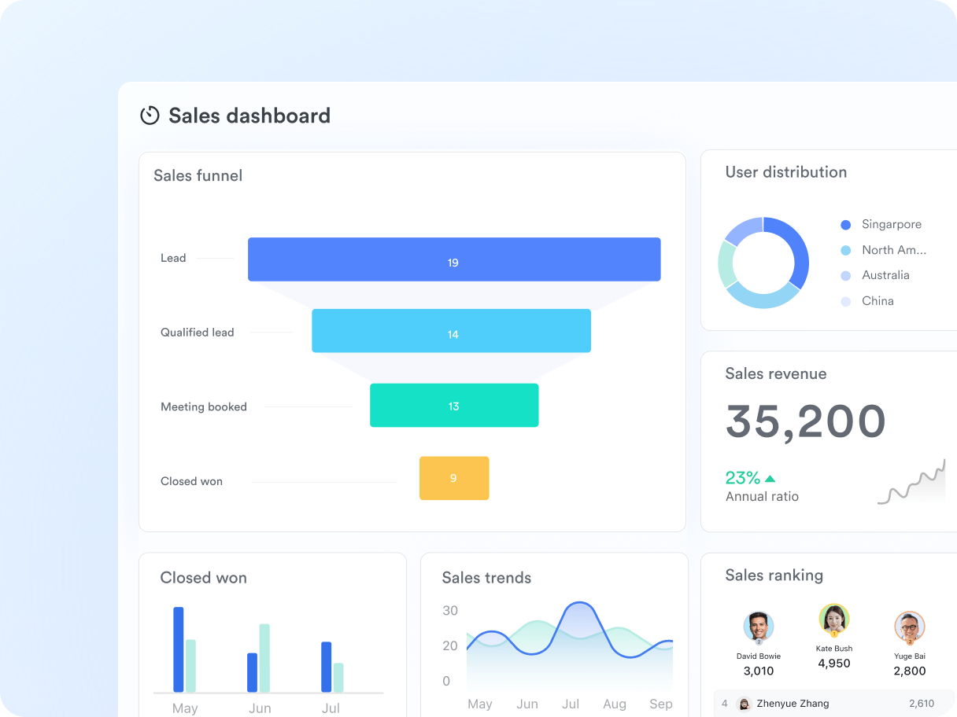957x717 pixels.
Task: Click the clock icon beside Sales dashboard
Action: [x=150, y=116]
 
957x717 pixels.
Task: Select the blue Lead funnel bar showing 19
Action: [x=454, y=259]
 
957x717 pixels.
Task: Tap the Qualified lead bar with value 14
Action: [x=451, y=331]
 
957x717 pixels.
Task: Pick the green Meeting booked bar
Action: [x=454, y=406]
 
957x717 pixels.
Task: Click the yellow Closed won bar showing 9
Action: [x=454, y=478]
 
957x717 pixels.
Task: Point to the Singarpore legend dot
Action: [x=846, y=225]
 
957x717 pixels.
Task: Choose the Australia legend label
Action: [x=885, y=275]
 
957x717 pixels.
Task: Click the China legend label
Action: [x=878, y=301]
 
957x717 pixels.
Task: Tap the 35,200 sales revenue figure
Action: [x=806, y=422]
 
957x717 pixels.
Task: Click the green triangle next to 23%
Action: [x=770, y=478]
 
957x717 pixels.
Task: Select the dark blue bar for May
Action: [x=179, y=649]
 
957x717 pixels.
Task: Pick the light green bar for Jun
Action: [x=264, y=658]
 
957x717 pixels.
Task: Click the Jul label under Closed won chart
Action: [x=331, y=708]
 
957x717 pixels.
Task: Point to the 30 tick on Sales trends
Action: [x=450, y=611]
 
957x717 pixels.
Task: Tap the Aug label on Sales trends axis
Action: [x=615, y=704]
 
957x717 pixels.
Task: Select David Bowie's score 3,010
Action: [x=759, y=671]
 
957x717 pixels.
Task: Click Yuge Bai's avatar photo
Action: [x=910, y=627]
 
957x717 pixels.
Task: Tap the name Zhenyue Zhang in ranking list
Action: [x=793, y=704]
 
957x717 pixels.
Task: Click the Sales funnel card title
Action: [x=198, y=176]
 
